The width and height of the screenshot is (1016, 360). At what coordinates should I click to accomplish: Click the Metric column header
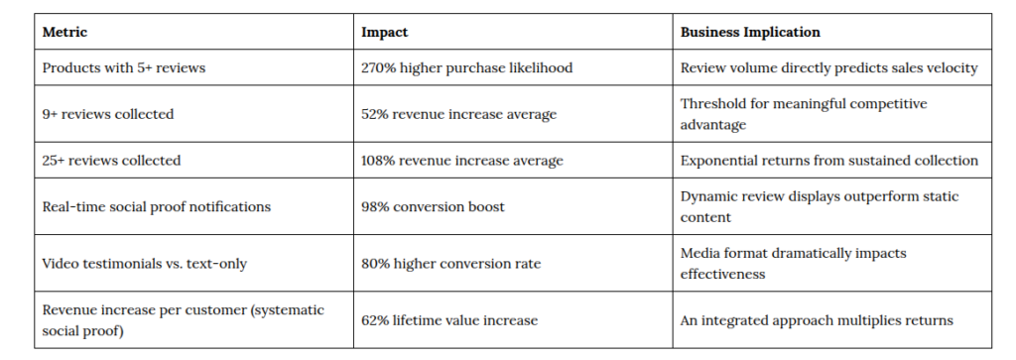pyautogui.click(x=64, y=32)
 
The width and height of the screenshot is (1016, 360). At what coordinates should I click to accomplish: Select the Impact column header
pyautogui.click(x=384, y=32)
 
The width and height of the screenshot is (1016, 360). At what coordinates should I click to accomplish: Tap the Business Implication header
pyautogui.click(x=750, y=32)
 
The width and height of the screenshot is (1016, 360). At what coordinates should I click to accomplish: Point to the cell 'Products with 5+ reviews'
pyautogui.click(x=124, y=67)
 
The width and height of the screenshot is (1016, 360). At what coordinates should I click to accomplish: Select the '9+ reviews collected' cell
pyautogui.click(x=108, y=114)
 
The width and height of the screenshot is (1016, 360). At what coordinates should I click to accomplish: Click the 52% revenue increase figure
pyautogui.click(x=374, y=115)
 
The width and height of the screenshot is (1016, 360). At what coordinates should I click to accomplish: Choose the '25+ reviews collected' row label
pyautogui.click(x=111, y=161)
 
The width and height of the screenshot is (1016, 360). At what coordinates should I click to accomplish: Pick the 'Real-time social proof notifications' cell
pyautogui.click(x=156, y=207)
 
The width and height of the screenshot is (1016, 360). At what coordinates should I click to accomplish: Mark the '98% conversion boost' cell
pyautogui.click(x=433, y=207)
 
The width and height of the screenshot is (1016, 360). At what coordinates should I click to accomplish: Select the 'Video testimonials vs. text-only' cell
pyautogui.click(x=145, y=264)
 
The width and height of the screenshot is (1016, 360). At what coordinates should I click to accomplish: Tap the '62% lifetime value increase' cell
pyautogui.click(x=449, y=320)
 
